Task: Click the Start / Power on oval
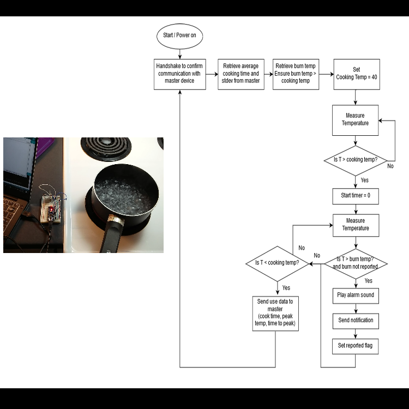tap(179, 35)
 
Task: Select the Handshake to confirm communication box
tap(179, 74)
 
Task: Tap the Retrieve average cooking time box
tap(241, 74)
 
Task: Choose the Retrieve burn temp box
tap(296, 74)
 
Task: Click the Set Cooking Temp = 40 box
tap(356, 74)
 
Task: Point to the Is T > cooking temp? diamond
tap(356, 160)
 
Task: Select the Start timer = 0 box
tap(356, 196)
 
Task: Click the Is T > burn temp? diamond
tap(356, 264)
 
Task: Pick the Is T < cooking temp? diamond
tap(278, 263)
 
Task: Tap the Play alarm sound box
tap(356, 296)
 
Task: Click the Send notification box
tap(356, 321)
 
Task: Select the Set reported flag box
tap(356, 346)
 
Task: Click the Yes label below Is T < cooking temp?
tap(286, 287)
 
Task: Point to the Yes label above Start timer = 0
tap(365, 180)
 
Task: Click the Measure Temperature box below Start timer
tap(356, 225)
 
